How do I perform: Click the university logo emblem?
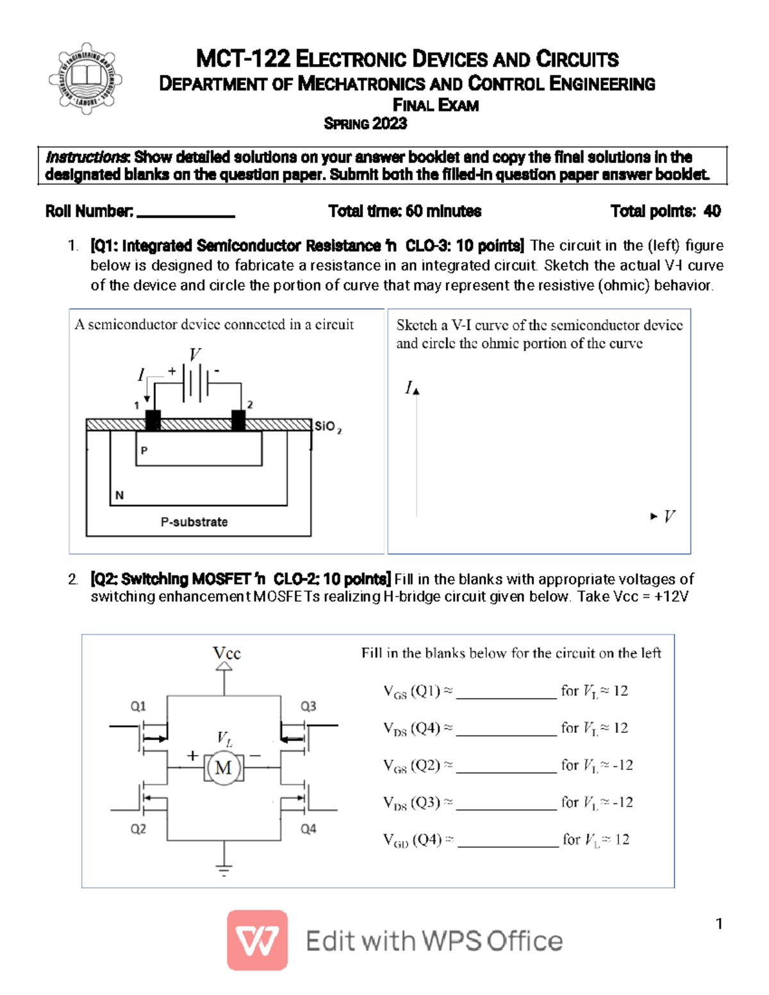(x=85, y=78)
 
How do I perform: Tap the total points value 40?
(x=712, y=211)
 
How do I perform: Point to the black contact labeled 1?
(x=153, y=420)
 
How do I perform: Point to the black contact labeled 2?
(x=238, y=420)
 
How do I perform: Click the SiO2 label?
(x=327, y=427)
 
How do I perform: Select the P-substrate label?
(x=194, y=522)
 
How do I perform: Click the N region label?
(x=119, y=495)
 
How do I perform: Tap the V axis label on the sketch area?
(x=669, y=516)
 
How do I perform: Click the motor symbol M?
(x=224, y=767)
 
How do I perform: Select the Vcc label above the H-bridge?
(x=226, y=653)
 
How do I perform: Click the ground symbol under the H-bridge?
(x=224, y=869)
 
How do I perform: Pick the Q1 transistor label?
(x=138, y=706)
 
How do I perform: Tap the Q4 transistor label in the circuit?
(x=308, y=829)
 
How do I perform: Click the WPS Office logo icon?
(x=257, y=940)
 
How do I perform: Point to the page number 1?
(x=719, y=923)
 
